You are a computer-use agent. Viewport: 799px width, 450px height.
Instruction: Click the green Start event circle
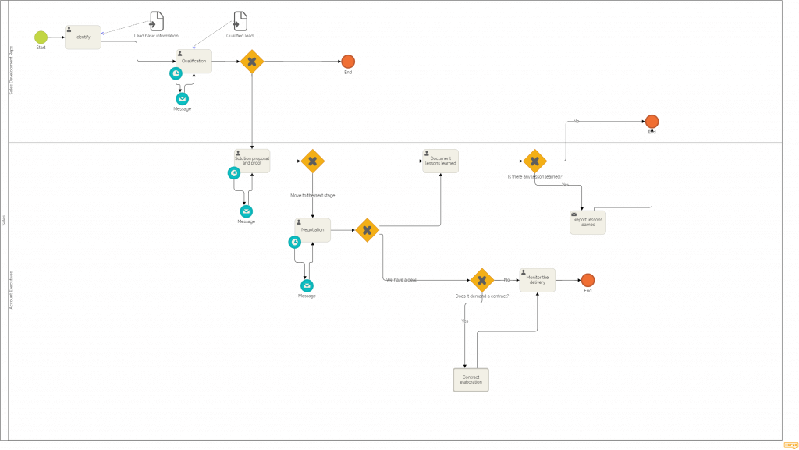(x=41, y=37)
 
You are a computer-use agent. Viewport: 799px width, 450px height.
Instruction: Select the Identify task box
(x=83, y=37)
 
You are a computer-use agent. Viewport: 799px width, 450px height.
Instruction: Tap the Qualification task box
(x=194, y=62)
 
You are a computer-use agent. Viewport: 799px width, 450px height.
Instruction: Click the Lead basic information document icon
(x=157, y=21)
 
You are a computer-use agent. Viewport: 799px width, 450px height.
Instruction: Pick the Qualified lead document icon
(x=241, y=21)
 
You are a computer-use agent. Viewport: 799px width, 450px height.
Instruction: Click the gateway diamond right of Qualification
(x=251, y=62)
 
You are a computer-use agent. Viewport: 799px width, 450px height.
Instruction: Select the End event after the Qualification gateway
(x=348, y=62)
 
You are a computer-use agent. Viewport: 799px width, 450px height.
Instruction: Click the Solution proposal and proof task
(x=251, y=161)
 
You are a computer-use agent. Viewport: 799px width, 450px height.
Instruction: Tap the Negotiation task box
(x=312, y=230)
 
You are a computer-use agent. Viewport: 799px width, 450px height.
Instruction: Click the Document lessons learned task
(x=440, y=161)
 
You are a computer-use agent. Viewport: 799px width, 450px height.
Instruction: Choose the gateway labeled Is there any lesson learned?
(x=534, y=161)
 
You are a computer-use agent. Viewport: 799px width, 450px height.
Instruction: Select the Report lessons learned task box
(x=588, y=222)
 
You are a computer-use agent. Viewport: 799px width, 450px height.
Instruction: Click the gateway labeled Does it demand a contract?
(x=481, y=280)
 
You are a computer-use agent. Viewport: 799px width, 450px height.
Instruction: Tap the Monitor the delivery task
(x=537, y=280)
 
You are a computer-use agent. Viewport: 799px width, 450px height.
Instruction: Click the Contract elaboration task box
(x=471, y=380)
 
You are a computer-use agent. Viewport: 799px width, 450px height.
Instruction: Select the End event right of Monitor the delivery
(x=588, y=280)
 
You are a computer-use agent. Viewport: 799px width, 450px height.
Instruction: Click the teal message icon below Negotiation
(x=307, y=286)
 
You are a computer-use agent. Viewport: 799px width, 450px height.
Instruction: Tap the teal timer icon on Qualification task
(x=177, y=73)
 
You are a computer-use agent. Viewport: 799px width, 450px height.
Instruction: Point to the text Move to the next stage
(x=312, y=195)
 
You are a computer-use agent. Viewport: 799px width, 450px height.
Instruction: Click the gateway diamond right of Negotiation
(x=367, y=230)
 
